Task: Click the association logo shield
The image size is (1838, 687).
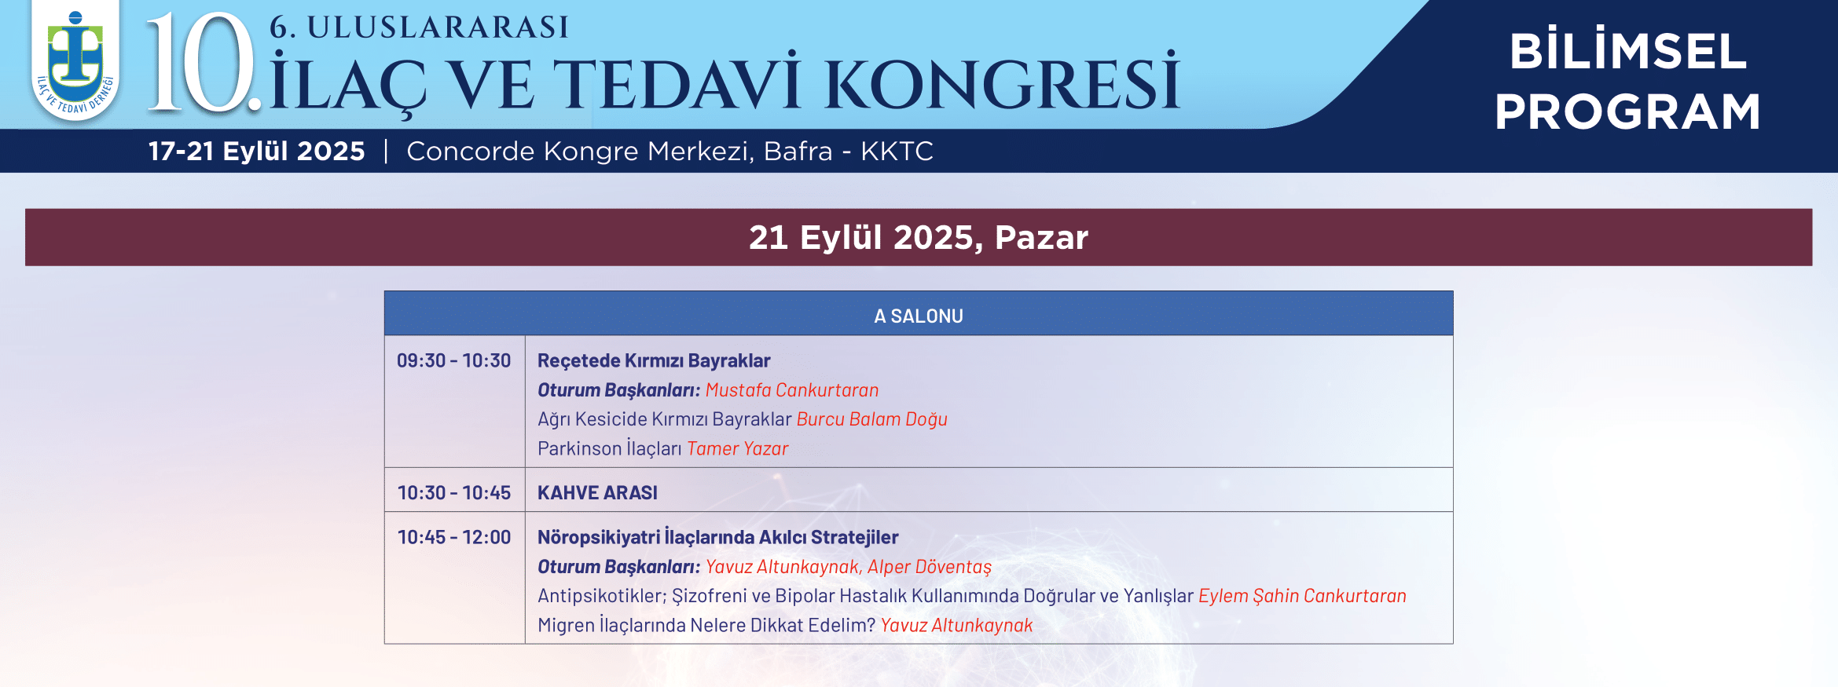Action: click(75, 61)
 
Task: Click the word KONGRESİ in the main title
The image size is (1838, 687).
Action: click(1002, 82)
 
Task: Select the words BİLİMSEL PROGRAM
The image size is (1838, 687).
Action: click(1627, 81)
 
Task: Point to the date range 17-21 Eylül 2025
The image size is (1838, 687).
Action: click(257, 151)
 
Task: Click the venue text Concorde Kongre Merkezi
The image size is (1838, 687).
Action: click(580, 151)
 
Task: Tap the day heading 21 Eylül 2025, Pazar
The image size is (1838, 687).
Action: click(919, 237)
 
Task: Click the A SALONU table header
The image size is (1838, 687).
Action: click(919, 316)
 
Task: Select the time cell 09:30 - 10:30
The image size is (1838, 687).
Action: click(453, 360)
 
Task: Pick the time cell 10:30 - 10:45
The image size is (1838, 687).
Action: click(454, 492)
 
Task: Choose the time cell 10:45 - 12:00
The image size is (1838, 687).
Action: click(454, 537)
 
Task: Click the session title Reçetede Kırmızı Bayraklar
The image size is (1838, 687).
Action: click(654, 361)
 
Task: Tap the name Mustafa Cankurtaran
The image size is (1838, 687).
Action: click(792, 390)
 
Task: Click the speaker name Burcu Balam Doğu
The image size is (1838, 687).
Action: click(872, 419)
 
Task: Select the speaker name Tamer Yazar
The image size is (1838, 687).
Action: click(738, 448)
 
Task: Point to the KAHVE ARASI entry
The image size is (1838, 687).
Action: click(597, 492)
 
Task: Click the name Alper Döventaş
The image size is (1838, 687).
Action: click(930, 567)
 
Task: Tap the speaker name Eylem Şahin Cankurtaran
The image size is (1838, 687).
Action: click(1302, 596)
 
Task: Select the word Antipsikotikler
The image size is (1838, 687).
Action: click(602, 596)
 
